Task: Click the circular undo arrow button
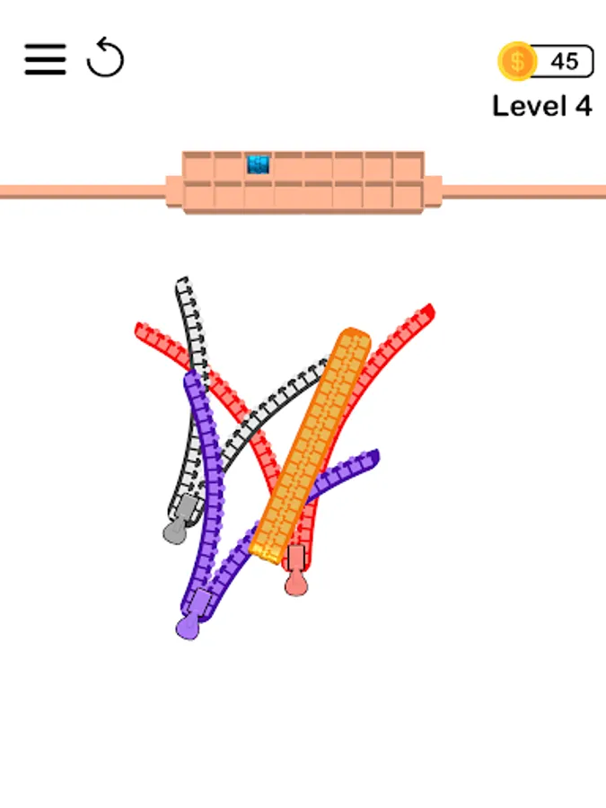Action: coord(105,58)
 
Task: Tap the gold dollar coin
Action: coord(517,61)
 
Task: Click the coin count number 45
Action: coord(565,61)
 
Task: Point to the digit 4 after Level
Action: coord(584,106)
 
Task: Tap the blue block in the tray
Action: coord(259,164)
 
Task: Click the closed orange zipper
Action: coord(310,444)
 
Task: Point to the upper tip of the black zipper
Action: coord(183,284)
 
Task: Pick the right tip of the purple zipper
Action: coord(373,456)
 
